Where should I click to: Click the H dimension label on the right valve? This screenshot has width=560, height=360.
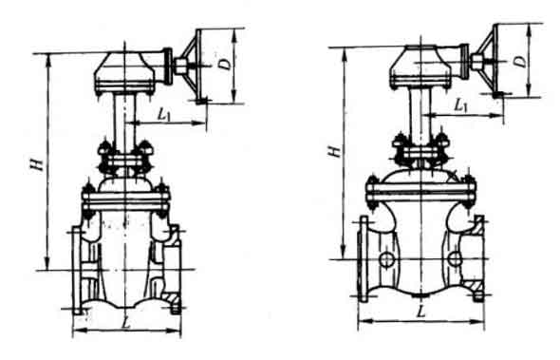pos(330,151)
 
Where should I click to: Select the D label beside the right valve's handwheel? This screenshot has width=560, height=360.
pos(519,59)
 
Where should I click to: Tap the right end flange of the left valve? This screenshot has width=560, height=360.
pos(176,269)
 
